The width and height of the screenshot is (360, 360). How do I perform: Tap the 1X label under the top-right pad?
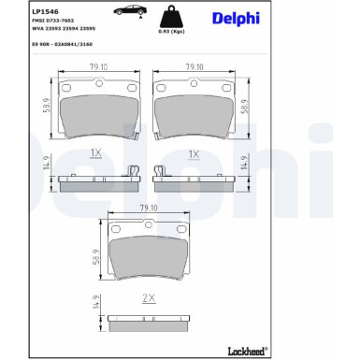(194, 152)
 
